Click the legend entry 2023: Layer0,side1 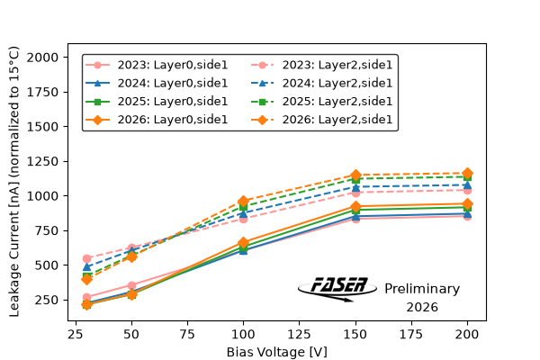tap(157, 65)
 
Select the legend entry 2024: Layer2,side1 tap(321, 83)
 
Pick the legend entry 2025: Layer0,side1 tap(157, 102)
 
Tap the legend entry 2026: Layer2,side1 tap(321, 120)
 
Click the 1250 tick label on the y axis tap(42, 161)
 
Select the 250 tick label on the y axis tap(47, 300)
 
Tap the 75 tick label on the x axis tap(187, 334)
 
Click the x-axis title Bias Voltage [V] tap(277, 352)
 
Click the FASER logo tap(337, 289)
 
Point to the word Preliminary tap(422, 289)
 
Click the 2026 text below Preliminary tap(422, 307)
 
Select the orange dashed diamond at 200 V tap(467, 174)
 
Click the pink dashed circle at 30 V tap(86, 258)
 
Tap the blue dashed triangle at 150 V tap(355, 187)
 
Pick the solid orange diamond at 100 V tap(244, 242)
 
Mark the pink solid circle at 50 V tap(131, 285)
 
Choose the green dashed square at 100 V tap(244, 206)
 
